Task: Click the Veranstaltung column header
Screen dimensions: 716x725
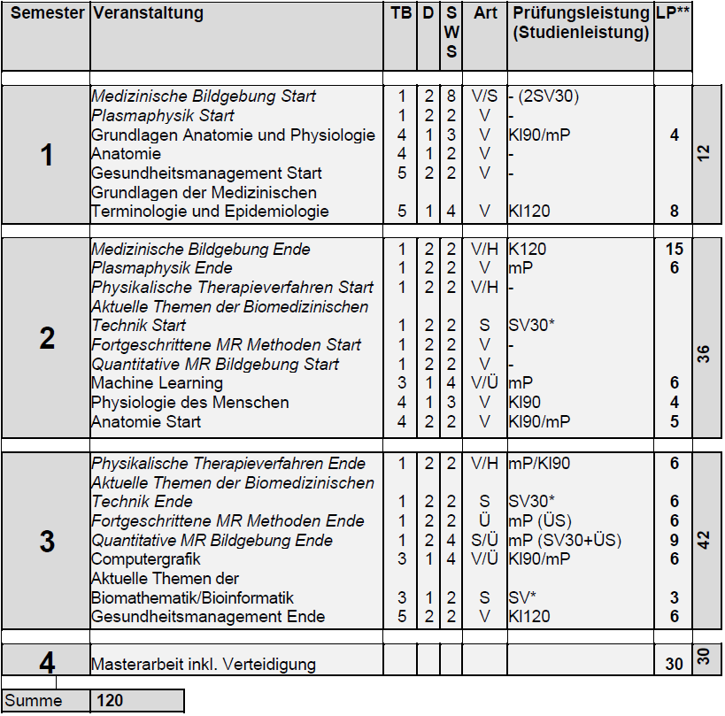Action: tap(148, 13)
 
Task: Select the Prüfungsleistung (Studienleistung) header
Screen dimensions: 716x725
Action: tap(580, 23)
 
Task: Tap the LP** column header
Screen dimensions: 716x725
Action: tap(672, 13)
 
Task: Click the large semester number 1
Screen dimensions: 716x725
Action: tap(47, 156)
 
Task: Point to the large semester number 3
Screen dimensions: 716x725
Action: tap(47, 542)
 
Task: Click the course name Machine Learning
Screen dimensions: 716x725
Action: tap(144, 383)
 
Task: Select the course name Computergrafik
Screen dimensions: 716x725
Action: tap(146, 559)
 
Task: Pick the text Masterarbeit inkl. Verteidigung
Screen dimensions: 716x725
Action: tap(204, 664)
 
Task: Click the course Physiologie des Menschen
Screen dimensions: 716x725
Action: tap(190, 403)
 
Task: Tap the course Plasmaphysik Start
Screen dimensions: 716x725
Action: tap(163, 116)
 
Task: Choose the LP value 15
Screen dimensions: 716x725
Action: tap(674, 250)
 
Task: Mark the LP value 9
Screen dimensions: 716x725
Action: tap(674, 540)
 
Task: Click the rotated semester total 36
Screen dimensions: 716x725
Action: tap(705, 353)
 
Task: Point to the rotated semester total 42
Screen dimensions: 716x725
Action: tap(705, 540)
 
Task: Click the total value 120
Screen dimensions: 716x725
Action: tap(110, 701)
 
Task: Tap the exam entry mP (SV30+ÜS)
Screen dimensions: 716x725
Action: tap(565, 540)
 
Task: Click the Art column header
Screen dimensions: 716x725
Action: tap(485, 13)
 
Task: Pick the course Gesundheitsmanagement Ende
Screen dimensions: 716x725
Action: tap(208, 617)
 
